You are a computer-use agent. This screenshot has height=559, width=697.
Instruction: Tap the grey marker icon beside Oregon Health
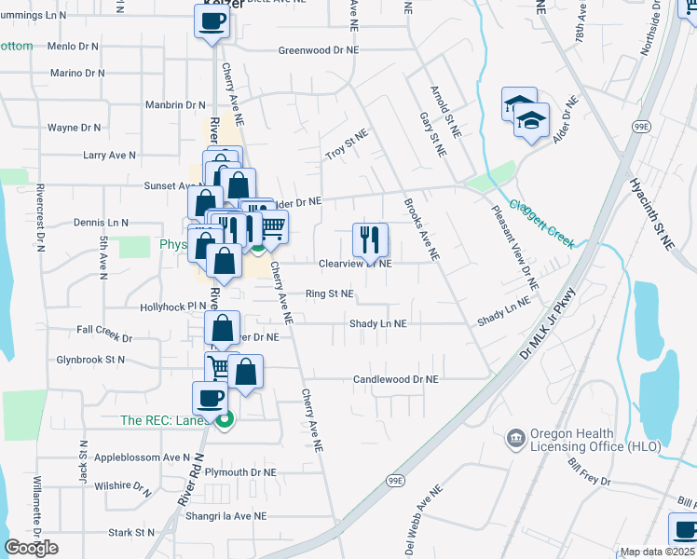[514, 438]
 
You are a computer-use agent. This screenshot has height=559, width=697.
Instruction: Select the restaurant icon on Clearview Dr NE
[370, 239]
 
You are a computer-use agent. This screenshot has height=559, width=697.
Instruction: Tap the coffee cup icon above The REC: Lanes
[210, 399]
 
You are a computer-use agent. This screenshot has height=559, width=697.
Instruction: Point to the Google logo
[31, 547]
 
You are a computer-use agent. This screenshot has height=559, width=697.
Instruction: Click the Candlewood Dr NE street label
[395, 380]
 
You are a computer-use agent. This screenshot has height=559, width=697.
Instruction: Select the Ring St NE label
[330, 293]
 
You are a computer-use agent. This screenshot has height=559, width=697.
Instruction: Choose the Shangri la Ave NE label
[225, 515]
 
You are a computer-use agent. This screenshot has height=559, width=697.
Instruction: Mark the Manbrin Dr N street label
[175, 105]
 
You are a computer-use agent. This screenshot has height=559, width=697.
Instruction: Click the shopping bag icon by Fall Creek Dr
[223, 328]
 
